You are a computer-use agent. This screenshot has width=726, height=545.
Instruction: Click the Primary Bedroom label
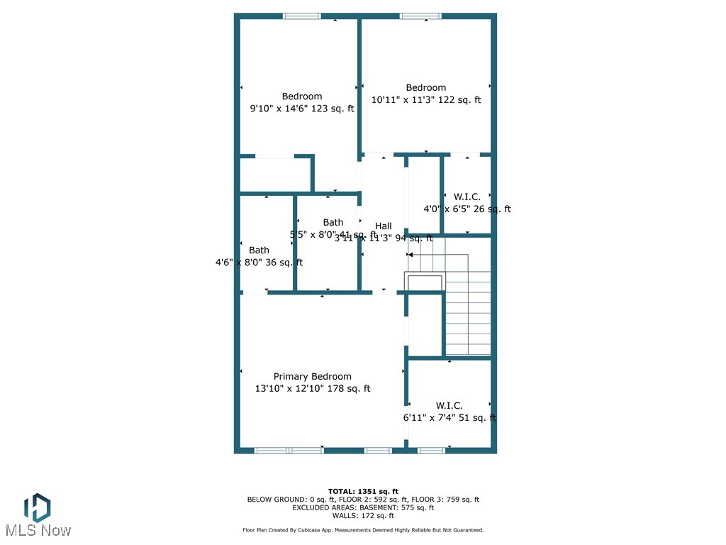[x=312, y=376]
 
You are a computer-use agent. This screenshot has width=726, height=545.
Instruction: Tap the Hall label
[x=383, y=226]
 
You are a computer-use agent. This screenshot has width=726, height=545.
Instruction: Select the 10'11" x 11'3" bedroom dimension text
[x=426, y=100]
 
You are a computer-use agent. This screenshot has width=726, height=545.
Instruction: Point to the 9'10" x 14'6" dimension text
[x=301, y=109]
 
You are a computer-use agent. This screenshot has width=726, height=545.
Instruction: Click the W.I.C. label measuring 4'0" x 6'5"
[x=467, y=197]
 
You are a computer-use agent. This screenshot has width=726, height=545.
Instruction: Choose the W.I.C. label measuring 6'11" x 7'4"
[x=449, y=406]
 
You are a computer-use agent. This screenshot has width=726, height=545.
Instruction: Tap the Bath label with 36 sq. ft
[x=259, y=250]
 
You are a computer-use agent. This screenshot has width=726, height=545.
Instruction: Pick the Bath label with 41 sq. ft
[x=333, y=222]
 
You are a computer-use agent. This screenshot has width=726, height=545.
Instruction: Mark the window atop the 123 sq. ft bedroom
[x=301, y=16]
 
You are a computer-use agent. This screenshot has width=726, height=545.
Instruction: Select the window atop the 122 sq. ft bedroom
[x=421, y=16]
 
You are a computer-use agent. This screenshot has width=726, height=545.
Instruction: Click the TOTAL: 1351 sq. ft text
[x=363, y=491]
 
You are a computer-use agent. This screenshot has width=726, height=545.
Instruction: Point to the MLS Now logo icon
[x=37, y=507]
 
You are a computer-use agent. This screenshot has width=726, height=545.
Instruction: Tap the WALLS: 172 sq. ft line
[x=363, y=515]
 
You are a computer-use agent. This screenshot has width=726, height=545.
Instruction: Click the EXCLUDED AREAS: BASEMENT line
[x=363, y=507]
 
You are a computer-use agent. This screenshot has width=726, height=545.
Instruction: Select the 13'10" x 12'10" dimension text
[x=313, y=388]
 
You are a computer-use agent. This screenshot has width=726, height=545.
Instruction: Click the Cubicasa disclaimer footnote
[x=363, y=530]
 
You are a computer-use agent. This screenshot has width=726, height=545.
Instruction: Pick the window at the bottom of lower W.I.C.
[x=431, y=450]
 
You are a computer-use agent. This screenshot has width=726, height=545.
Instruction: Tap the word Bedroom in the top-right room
[x=426, y=88]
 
